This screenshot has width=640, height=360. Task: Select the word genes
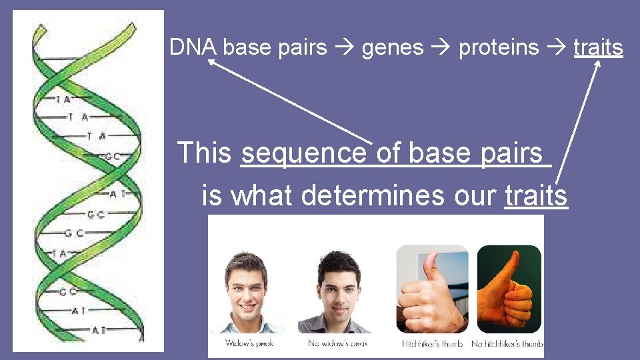[x=393, y=48]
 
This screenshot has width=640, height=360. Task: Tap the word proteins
[x=499, y=48]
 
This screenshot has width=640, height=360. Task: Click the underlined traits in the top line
[x=598, y=48]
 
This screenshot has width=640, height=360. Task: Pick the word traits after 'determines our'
[x=536, y=195]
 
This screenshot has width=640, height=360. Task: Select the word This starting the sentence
[x=204, y=153]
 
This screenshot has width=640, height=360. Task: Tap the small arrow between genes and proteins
[x=441, y=48]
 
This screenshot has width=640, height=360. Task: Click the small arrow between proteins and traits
[x=557, y=48]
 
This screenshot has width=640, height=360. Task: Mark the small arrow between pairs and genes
[x=344, y=48]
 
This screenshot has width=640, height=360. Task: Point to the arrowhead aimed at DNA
[x=211, y=63]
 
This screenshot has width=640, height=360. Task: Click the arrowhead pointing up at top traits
[x=598, y=64]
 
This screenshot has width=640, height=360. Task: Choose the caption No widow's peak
[x=338, y=343]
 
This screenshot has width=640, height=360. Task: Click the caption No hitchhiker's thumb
[x=507, y=343]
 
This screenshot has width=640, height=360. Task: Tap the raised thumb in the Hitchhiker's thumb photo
[x=433, y=267]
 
